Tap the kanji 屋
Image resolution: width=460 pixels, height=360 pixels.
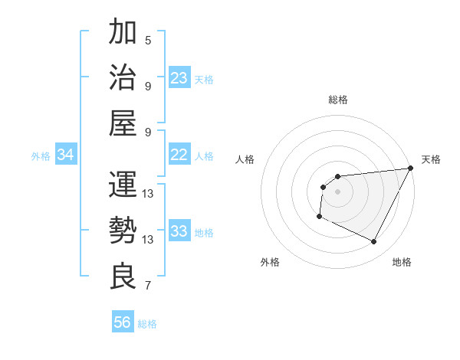pyautogui.click(x=123, y=123)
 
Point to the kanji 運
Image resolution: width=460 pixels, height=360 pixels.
pyautogui.click(x=123, y=184)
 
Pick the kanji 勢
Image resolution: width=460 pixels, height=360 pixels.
pyautogui.click(x=123, y=229)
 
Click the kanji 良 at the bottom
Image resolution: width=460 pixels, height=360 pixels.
pyautogui.click(x=123, y=275)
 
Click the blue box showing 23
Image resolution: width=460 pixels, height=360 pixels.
pyautogui.click(x=179, y=78)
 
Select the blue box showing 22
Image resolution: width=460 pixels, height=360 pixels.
pyautogui.click(x=179, y=155)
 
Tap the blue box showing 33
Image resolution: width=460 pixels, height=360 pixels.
pyautogui.click(x=179, y=231)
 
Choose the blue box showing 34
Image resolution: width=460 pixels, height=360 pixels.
pyautogui.click(x=66, y=155)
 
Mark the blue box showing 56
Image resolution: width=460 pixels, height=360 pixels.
pyautogui.click(x=123, y=322)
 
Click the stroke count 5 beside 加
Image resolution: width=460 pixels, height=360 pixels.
pyautogui.click(x=148, y=40)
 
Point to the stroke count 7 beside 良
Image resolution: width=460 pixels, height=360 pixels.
pyautogui.click(x=148, y=286)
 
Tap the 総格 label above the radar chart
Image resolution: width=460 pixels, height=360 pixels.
pyautogui.click(x=337, y=100)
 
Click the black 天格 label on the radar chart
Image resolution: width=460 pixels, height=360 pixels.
pyautogui.click(x=431, y=159)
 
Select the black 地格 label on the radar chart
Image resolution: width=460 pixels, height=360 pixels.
pyautogui.click(x=402, y=262)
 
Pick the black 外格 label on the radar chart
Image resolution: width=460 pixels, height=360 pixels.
pyautogui.click(x=270, y=262)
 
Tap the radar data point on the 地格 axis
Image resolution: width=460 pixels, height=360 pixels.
pyautogui.click(x=374, y=242)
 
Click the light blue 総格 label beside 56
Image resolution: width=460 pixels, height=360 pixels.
pyautogui.click(x=147, y=324)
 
